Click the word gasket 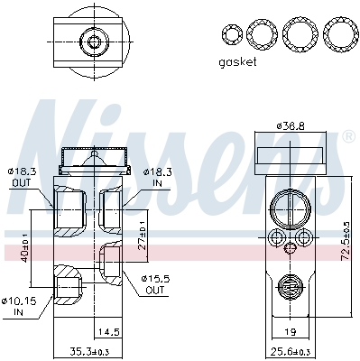(238, 62)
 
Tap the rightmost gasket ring (339, 35)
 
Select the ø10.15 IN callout (19, 307)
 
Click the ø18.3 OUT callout (21, 174)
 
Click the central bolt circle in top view (90, 41)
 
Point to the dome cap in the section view (90, 162)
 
